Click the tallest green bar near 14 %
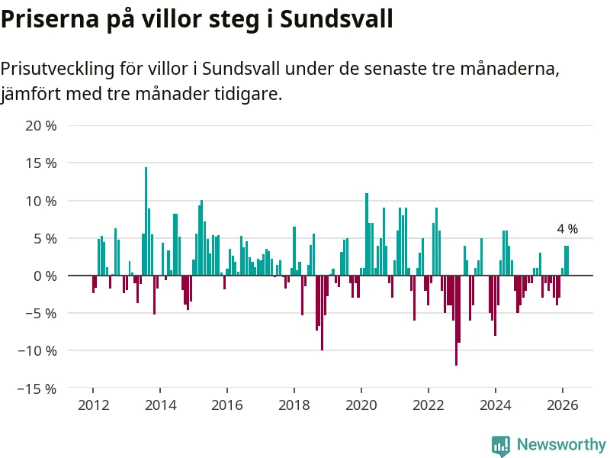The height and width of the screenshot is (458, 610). [x=146, y=221]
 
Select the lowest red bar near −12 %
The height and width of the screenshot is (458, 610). [x=456, y=321]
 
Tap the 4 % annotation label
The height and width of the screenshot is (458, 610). [x=567, y=229]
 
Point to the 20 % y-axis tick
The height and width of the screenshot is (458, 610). [x=41, y=126]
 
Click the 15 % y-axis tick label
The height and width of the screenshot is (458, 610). [x=41, y=163]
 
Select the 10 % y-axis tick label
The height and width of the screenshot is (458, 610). [x=41, y=201]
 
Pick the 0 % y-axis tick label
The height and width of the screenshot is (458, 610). [x=44, y=276]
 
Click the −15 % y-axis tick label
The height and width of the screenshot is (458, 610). [x=37, y=389]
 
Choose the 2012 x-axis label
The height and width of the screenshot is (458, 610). [x=93, y=405]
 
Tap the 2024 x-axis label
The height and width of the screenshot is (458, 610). [x=496, y=405]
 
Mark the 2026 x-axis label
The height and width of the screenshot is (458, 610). [x=563, y=405]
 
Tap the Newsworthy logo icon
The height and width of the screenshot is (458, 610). [x=501, y=445]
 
